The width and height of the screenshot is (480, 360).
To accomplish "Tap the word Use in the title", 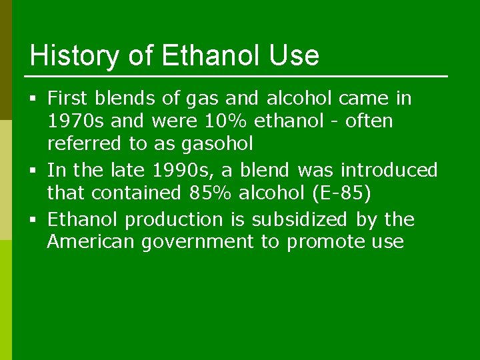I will tap(294, 56).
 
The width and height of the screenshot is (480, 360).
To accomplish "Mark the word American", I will tap(91, 241).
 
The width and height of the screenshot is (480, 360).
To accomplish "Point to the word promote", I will tap(323, 242).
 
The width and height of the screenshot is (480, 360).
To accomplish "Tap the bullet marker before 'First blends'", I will tap(34, 99).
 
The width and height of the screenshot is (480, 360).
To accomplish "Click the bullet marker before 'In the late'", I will tap(34, 171).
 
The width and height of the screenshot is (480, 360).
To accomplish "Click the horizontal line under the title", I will tap(238, 76).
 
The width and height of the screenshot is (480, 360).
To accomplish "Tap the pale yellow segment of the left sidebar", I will tap(5, 180).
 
